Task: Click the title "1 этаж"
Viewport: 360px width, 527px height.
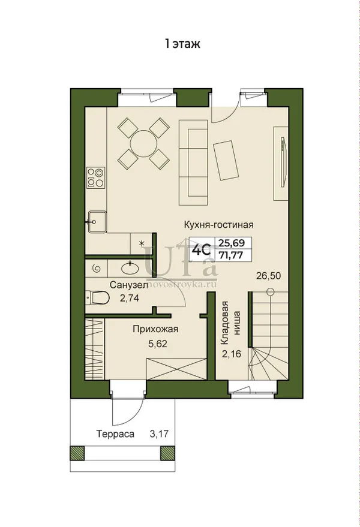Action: coord(182,44)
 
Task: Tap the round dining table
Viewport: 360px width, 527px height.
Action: coord(143,143)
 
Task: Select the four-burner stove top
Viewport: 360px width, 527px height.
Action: coord(95,177)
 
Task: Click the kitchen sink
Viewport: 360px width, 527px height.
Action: coord(97,222)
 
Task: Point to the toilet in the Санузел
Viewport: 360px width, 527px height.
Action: coord(98,297)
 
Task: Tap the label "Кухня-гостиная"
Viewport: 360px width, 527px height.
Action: coord(218,224)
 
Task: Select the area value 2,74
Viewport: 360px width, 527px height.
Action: coord(129,298)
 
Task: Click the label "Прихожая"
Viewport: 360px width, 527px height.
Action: coord(155,329)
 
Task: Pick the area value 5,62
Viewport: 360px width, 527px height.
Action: coord(158,344)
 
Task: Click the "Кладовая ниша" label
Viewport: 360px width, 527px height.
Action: coord(230,323)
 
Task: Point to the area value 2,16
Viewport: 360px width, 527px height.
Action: coord(231,354)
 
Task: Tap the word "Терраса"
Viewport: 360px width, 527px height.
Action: coord(115,434)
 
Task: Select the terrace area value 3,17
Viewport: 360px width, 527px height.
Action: coord(159,434)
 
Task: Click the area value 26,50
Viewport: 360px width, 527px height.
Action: coord(268,276)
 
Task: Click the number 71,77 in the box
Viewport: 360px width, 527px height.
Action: coord(231,255)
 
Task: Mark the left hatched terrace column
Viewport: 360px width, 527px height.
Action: coord(77,453)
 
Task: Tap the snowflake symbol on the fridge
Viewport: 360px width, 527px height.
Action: coord(142,242)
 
